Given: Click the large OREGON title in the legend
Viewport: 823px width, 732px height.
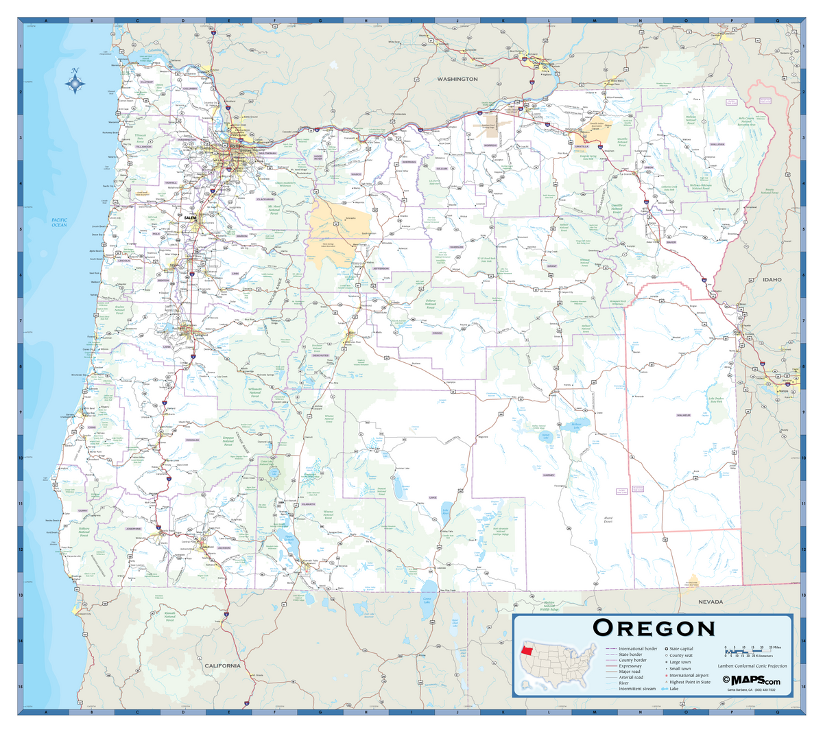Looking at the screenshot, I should point(654,628).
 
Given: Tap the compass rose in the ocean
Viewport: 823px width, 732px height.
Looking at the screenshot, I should point(75,82).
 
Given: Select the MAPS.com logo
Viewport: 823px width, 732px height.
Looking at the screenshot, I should point(751,680).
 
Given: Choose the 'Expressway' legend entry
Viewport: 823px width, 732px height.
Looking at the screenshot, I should point(630,665).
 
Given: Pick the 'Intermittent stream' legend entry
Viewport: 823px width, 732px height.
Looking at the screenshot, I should point(636,689).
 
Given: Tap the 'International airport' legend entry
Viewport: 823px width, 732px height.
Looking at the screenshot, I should point(689,675).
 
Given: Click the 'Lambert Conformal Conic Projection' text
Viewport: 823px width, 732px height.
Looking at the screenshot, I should point(752,666).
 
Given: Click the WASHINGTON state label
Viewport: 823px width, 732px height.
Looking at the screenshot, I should point(457,80).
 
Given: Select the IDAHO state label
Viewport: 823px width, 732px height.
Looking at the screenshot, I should point(772,280).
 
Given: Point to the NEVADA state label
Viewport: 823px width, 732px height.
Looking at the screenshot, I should point(711,602).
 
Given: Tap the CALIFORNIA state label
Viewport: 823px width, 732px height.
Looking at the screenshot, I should point(222,665).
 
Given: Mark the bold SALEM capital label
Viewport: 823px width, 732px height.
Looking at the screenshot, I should point(191,217).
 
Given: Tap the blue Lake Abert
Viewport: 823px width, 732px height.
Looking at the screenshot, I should point(446,510).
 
